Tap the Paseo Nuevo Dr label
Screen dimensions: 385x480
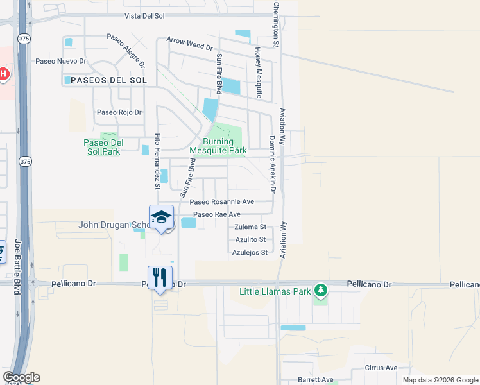tap(61, 61)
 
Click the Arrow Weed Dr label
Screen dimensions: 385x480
tap(189, 43)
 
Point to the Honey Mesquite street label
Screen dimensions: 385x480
tap(258, 73)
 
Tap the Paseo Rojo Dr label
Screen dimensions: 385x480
tap(119, 112)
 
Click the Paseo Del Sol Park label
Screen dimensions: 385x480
tap(103, 147)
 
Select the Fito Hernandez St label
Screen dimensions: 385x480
tap(157, 161)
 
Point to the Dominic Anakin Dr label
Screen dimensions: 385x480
tap(272, 164)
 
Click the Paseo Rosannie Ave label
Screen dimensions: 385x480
tap(221, 201)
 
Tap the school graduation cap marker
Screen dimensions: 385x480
tap(162, 217)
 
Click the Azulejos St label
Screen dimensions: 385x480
tap(250, 253)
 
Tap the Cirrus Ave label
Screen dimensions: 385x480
tap(381, 368)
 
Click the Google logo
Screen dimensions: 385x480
tap(21, 377)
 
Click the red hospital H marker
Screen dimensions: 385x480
tap(3, 74)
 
